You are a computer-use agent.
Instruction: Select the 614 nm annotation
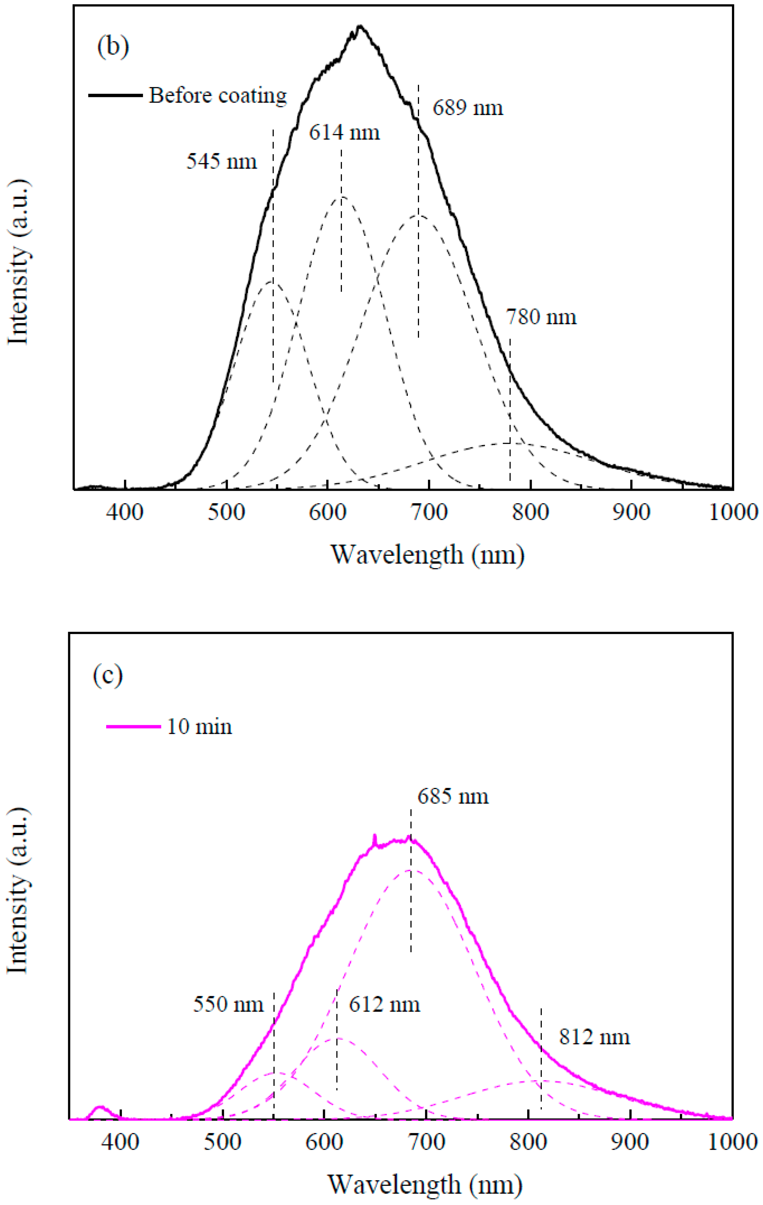tap(344, 133)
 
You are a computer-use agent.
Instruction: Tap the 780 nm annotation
tap(541, 317)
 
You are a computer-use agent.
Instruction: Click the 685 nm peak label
tap(453, 796)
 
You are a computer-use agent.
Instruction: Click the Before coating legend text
tap(218, 95)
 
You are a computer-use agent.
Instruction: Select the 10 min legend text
tap(199, 727)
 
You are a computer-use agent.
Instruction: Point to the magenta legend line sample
tap(133, 727)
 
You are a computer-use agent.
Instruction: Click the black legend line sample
tap(115, 95)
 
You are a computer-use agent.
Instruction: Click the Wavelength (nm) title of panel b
tap(427, 554)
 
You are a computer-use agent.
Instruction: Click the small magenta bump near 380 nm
tap(100, 1108)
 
